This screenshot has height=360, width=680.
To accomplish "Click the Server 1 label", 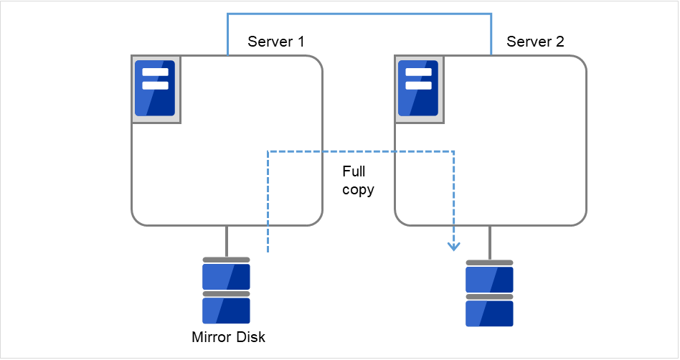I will (x=275, y=42).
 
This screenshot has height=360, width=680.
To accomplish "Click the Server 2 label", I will (x=535, y=42).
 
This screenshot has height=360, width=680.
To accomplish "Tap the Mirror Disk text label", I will (x=228, y=337).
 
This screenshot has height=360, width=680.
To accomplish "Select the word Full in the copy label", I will (x=354, y=172).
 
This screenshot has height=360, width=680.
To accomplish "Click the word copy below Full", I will (x=358, y=191).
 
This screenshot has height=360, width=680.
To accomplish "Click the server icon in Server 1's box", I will (x=155, y=88).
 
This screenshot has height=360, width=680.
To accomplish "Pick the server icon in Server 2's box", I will (x=418, y=88).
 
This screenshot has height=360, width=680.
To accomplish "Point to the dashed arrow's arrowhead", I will (x=453, y=247).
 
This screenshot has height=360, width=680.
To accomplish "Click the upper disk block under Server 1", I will (x=226, y=276).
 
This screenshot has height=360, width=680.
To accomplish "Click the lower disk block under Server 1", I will (x=226, y=311).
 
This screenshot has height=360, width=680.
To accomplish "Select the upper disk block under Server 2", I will (x=489, y=279).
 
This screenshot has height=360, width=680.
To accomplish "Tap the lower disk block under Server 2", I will (x=489, y=313).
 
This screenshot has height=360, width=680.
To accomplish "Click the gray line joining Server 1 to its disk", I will (x=227, y=241).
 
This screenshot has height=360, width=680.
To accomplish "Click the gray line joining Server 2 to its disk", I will (x=490, y=242).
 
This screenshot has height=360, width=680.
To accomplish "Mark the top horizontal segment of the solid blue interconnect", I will (x=359, y=14).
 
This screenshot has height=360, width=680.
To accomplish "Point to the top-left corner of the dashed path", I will (x=268, y=151).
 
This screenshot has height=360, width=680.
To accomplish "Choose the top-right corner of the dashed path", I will (x=453, y=151).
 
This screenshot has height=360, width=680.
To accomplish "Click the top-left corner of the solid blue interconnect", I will (x=227, y=14).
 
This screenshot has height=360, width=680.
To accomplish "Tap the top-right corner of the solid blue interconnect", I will (x=491, y=14).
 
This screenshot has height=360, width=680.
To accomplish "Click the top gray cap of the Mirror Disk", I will (x=226, y=260).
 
